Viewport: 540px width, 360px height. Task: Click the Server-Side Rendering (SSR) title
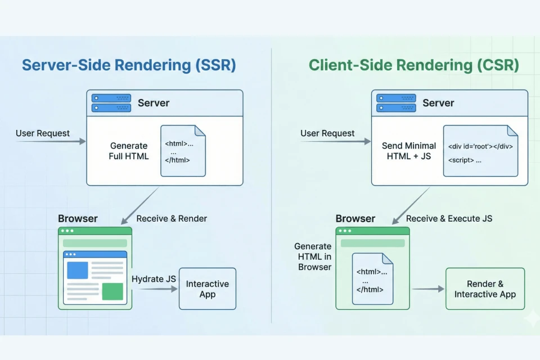(129, 65)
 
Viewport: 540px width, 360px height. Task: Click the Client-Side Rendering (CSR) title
(413, 65)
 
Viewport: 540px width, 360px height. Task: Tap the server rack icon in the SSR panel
(111, 103)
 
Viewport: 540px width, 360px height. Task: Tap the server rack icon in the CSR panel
(396, 103)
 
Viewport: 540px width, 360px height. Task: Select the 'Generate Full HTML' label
(129, 151)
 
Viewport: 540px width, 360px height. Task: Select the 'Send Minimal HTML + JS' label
(409, 151)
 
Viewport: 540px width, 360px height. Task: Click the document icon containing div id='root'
(480, 151)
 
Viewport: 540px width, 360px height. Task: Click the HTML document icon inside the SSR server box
(183, 151)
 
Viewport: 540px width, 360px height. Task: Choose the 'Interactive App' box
(207, 289)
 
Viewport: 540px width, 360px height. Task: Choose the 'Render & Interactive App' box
(485, 289)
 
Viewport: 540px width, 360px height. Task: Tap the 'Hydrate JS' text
(154, 279)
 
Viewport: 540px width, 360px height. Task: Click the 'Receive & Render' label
(172, 218)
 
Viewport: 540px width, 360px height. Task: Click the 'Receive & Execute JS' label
(449, 218)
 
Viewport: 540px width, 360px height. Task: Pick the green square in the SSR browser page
(112, 291)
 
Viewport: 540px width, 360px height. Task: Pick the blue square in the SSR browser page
(78, 271)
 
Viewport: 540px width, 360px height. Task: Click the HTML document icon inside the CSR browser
(372, 279)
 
